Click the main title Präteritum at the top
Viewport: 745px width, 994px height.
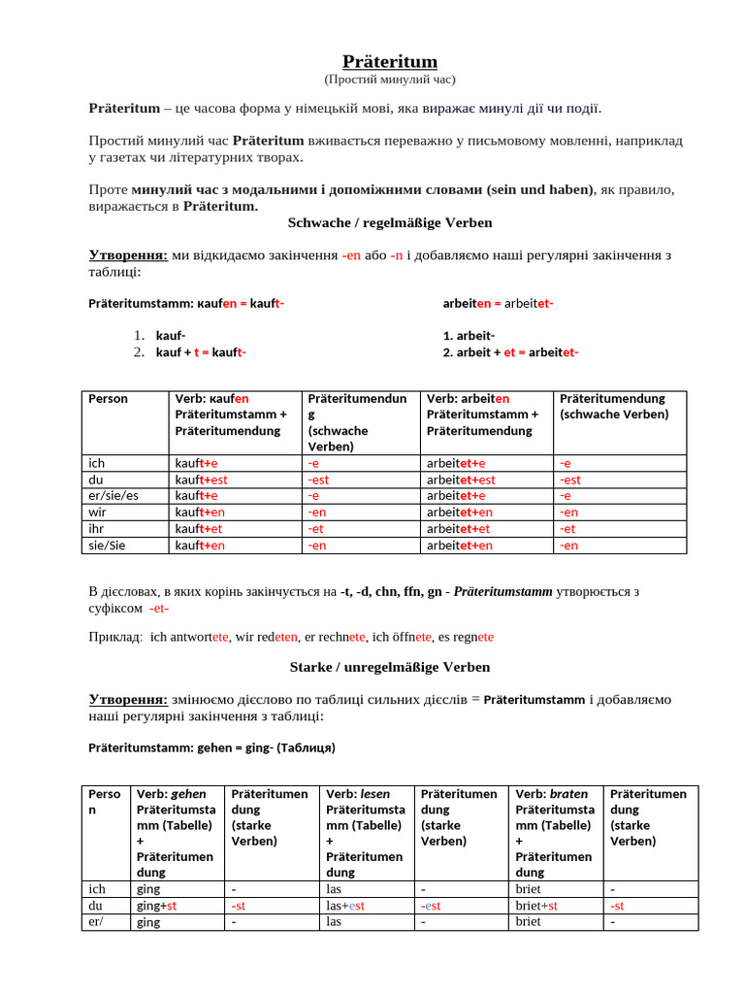(x=390, y=62)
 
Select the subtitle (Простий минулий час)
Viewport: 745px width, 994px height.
(x=390, y=80)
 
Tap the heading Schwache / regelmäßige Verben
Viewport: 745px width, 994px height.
(x=390, y=223)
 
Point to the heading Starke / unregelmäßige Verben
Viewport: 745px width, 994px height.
(x=390, y=668)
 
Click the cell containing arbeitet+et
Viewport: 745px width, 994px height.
(x=459, y=529)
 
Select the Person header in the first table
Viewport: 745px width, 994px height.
(x=108, y=399)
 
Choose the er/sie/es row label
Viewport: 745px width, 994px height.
(x=113, y=496)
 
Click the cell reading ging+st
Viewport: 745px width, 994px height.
(x=156, y=906)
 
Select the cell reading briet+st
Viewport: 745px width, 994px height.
(x=535, y=906)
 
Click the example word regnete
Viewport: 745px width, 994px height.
(x=472, y=637)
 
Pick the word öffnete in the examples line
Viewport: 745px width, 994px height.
(x=408, y=637)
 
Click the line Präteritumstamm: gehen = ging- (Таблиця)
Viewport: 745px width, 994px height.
(x=211, y=748)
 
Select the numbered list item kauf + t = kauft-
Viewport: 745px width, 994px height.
(x=201, y=352)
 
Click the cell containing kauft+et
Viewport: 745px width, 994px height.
(x=198, y=529)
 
